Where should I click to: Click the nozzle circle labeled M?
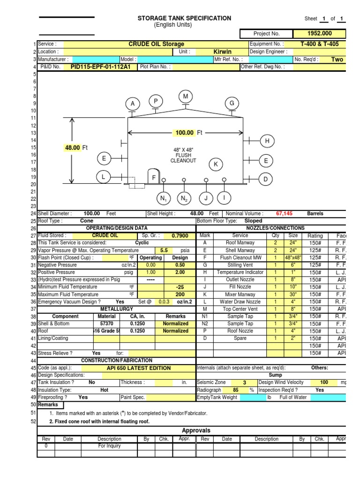click(186, 97)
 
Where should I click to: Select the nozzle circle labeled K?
click(216, 164)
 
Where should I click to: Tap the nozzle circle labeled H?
click(267, 141)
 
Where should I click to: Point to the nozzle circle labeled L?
click(104, 177)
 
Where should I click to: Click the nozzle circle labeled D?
click(265, 179)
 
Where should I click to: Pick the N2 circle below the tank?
click(184, 199)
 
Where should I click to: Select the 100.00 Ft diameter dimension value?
click(184, 133)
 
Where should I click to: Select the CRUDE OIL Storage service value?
click(156, 44)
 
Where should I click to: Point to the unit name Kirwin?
click(222, 52)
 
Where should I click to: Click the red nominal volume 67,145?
click(285, 213)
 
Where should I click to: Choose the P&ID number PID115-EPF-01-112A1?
click(101, 67)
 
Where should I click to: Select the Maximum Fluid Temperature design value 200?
click(179, 294)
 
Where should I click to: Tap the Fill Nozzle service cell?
click(240, 287)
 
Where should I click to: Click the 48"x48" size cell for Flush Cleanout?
click(293, 257)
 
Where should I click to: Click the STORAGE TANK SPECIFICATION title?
click(184, 18)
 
